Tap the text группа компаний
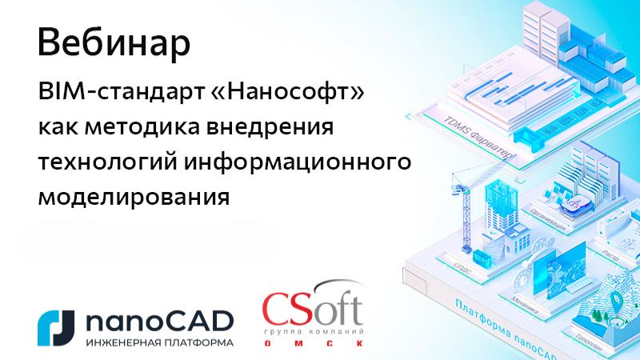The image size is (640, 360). [313, 330]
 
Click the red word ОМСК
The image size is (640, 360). [313, 343]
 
